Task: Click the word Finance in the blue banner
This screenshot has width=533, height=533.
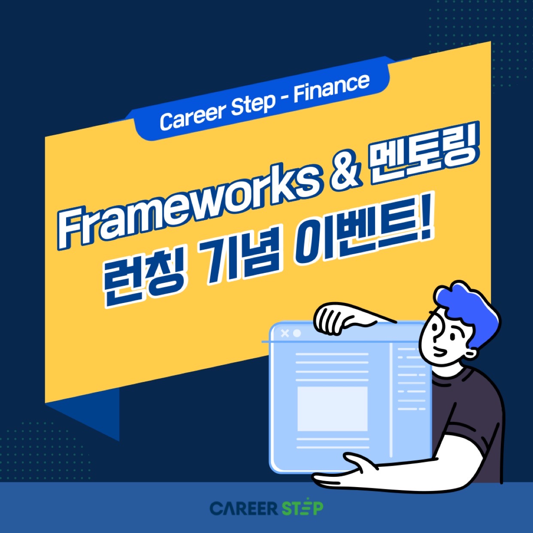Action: (331, 88)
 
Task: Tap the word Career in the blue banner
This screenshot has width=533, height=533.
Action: (193, 116)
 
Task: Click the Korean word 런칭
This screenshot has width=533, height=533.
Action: (143, 279)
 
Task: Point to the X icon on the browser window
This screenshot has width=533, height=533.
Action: (285, 333)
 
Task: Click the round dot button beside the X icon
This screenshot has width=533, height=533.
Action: (297, 333)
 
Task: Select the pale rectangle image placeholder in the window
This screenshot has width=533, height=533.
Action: (333, 409)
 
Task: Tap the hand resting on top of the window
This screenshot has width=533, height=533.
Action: (346, 318)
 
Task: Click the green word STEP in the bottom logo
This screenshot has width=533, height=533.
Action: (303, 508)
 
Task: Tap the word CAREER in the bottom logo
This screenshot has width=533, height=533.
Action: (243, 509)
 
